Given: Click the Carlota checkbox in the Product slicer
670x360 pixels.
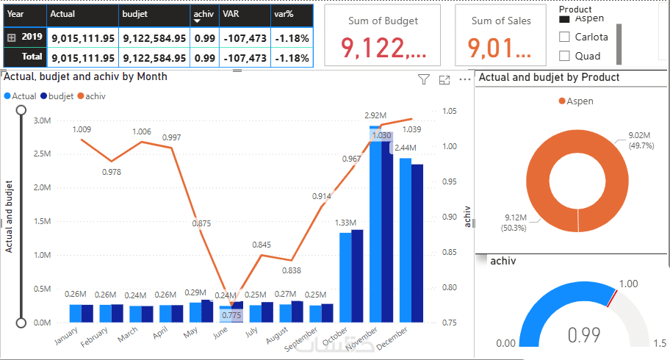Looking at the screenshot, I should [565, 37].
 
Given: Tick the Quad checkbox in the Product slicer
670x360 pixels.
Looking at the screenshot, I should [565, 56].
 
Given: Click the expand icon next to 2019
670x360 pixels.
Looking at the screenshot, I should [11, 37].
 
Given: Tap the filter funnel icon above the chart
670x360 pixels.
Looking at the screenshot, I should [423, 80].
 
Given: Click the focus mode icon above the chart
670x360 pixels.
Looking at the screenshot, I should [444, 80].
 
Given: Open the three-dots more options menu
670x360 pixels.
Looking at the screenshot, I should [464, 79].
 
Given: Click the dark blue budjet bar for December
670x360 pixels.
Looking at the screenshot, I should [417, 242].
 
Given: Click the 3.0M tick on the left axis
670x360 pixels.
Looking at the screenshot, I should [41, 120].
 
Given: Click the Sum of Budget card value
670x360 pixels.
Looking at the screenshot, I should [382, 48].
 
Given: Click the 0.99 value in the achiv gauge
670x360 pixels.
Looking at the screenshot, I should [585, 335].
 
